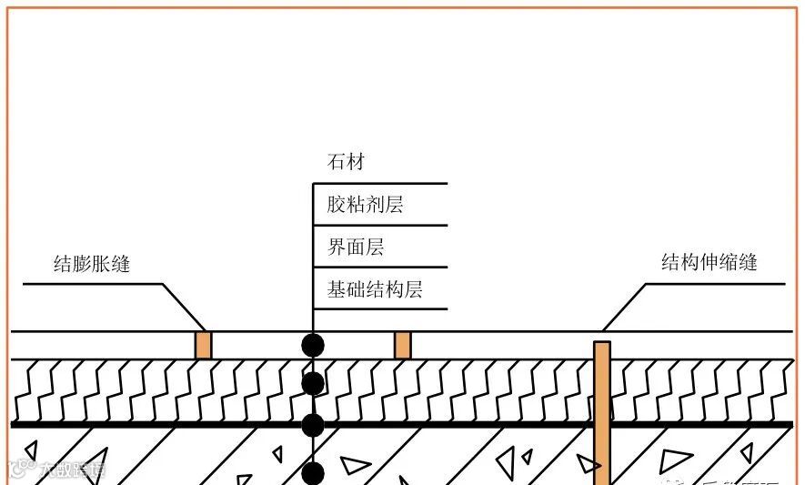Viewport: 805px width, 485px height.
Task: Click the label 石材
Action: pos(346,163)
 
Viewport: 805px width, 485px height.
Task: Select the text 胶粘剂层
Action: pos(365,205)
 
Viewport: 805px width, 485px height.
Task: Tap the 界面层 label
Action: pos(355,247)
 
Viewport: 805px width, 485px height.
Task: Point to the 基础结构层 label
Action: pos(375,289)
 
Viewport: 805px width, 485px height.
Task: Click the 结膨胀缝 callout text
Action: pos(92,265)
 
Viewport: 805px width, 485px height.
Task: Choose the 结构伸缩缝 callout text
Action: pos(709,263)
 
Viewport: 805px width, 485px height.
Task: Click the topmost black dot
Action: pos(313,345)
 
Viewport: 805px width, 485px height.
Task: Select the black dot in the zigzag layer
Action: pos(313,383)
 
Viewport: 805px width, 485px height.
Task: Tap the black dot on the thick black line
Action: pos(313,425)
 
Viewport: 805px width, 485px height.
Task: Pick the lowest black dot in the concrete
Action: pos(313,473)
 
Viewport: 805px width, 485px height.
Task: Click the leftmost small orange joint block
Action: pos(204,345)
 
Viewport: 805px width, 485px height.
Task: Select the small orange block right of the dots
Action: pos(402,345)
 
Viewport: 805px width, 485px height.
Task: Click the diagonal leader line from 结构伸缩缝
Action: pos(625,307)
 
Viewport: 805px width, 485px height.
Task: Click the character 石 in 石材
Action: pos(337,163)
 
